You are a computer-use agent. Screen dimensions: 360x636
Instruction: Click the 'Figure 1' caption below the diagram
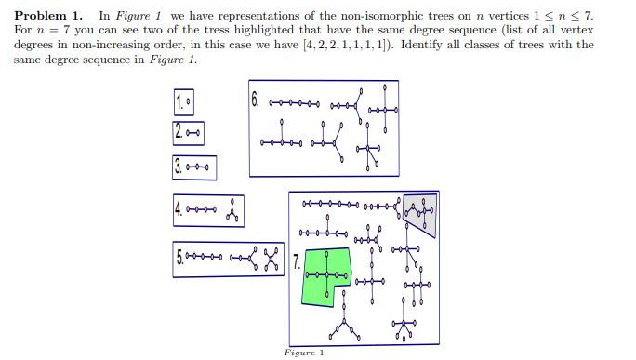pyautogui.click(x=303, y=353)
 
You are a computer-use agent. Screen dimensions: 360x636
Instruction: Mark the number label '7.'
pyautogui.click(x=297, y=263)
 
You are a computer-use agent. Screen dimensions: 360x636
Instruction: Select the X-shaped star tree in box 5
pyautogui.click(x=272, y=254)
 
